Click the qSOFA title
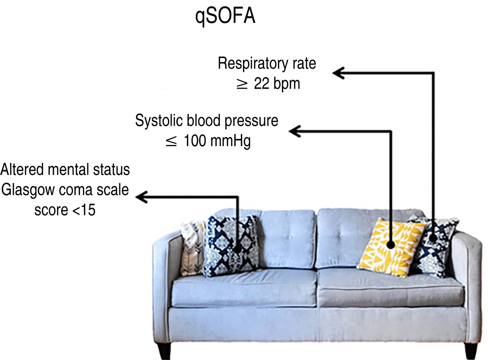pos(225,16)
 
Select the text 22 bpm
pos(277,84)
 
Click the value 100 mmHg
pos(217,141)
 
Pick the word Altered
pos(22,170)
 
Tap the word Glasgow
pos(28,190)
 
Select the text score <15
pos(65,210)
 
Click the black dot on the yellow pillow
pos(390,245)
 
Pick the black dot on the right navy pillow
pos(433,238)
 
